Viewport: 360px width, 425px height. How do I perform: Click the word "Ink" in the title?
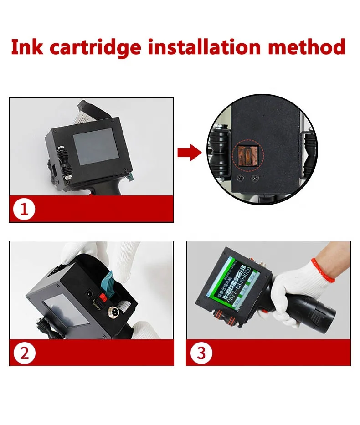26,47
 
